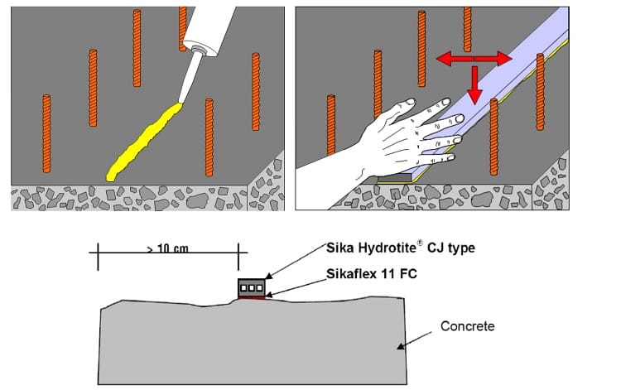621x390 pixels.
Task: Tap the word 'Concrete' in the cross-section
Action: point(467,326)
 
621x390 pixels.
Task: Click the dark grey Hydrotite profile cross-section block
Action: point(251,287)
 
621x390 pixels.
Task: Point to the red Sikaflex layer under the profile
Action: point(252,298)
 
